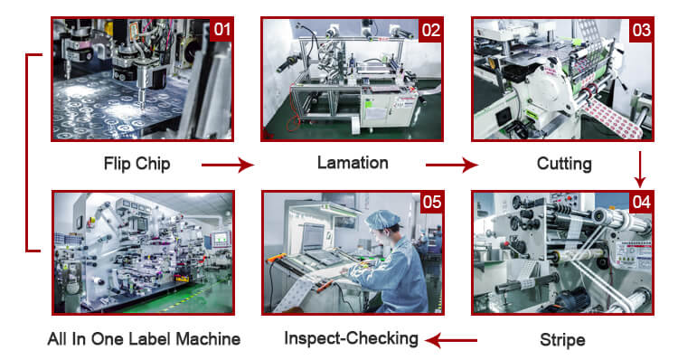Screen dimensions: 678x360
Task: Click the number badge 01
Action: tap(221, 30)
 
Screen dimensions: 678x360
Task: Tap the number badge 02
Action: tap(431, 30)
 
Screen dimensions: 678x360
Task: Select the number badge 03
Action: tap(641, 30)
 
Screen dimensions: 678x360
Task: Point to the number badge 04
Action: tap(641, 202)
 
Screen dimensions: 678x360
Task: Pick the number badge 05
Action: tap(431, 202)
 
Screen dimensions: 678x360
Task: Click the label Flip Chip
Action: tap(137, 164)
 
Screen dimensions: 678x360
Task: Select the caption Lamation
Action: tap(353, 163)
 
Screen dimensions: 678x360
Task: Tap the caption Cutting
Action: tap(564, 164)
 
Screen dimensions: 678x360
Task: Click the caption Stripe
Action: tap(562, 340)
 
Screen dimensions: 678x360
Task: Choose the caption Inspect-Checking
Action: tap(351, 338)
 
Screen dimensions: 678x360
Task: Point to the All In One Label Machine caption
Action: tap(144, 339)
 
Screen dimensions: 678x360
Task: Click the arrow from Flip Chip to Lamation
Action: tap(228, 165)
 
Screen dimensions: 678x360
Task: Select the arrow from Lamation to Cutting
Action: tap(452, 165)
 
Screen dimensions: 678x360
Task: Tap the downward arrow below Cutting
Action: tap(640, 169)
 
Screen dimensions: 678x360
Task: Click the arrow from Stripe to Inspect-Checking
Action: tap(451, 340)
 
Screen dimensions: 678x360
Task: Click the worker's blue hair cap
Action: tap(382, 219)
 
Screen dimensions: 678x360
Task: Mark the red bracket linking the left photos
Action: tap(27, 152)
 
